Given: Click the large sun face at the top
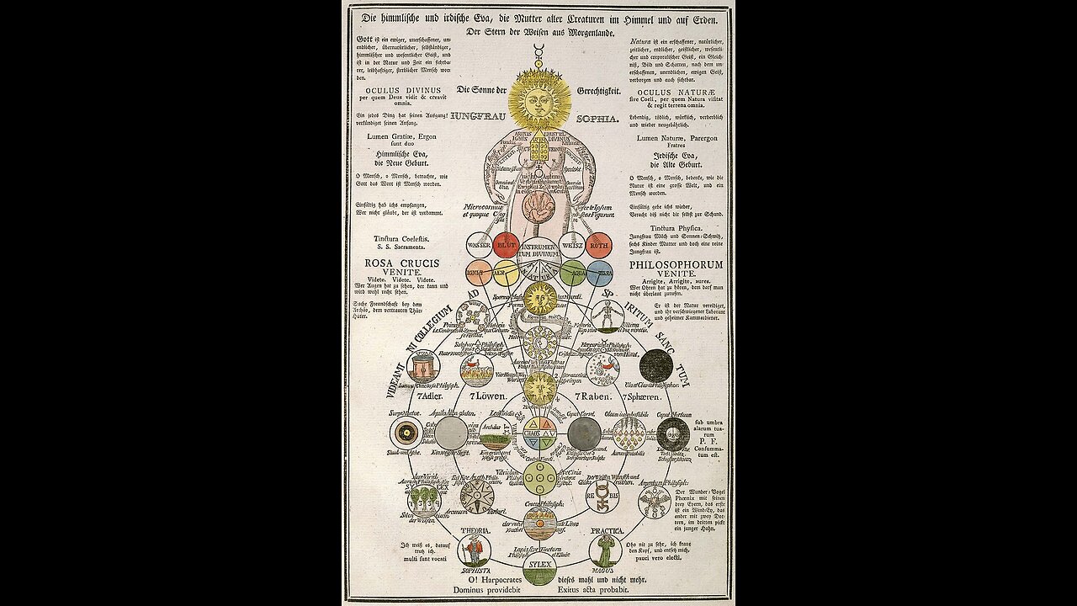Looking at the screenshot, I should pyautogui.click(x=539, y=99).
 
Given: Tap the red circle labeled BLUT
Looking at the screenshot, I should pyautogui.click(x=506, y=245).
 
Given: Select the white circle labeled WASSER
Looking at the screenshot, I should pyautogui.click(x=479, y=245).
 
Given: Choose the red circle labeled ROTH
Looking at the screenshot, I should pyautogui.click(x=599, y=245).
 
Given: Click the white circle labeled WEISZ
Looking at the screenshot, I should pyautogui.click(x=572, y=245).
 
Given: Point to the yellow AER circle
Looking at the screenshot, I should pyautogui.click(x=506, y=272).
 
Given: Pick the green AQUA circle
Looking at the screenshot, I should pyautogui.click(x=572, y=272).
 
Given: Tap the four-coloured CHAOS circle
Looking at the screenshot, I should pyautogui.click(x=539, y=433).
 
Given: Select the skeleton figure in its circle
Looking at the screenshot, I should pyautogui.click(x=606, y=317).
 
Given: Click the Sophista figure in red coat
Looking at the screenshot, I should pyautogui.click(x=475, y=550).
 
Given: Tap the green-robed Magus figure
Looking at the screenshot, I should pyautogui.click(x=605, y=550).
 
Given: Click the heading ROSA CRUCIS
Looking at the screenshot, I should pyautogui.click(x=401, y=263).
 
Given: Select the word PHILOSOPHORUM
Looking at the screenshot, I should pyautogui.click(x=676, y=264).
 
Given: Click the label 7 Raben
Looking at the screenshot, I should pyautogui.click(x=592, y=396).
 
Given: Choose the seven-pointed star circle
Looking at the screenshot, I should pyautogui.click(x=477, y=497).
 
